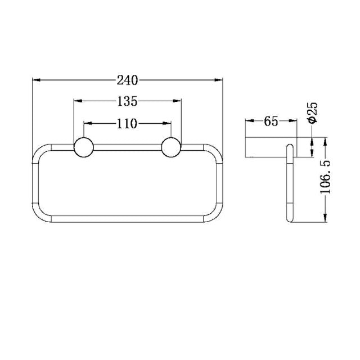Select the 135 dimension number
tap(128, 101)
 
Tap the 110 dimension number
tap(127, 123)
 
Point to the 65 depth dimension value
tap(271, 121)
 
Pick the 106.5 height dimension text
tap(325, 177)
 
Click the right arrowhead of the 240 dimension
tap(218, 80)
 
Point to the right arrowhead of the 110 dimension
tap(166, 123)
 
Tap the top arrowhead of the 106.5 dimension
tap(325, 140)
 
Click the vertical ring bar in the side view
tap(290, 183)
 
